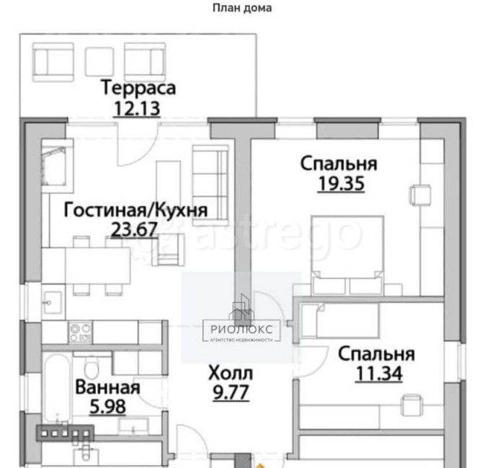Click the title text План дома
click(242, 8)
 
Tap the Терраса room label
click(138, 88)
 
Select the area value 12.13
click(137, 108)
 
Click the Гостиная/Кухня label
click(136, 210)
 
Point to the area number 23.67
click(134, 229)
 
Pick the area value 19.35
click(341, 184)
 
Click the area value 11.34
click(379, 374)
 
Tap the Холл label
click(231, 373)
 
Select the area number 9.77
click(231, 392)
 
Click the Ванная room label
click(107, 387)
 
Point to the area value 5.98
click(107, 407)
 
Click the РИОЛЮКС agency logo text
click(241, 330)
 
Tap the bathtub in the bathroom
click(58, 388)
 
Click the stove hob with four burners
click(81, 332)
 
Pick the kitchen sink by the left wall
click(53, 303)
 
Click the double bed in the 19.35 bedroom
click(347, 255)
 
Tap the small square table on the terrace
click(99, 61)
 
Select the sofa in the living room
click(211, 182)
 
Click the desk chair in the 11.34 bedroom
click(412, 405)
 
